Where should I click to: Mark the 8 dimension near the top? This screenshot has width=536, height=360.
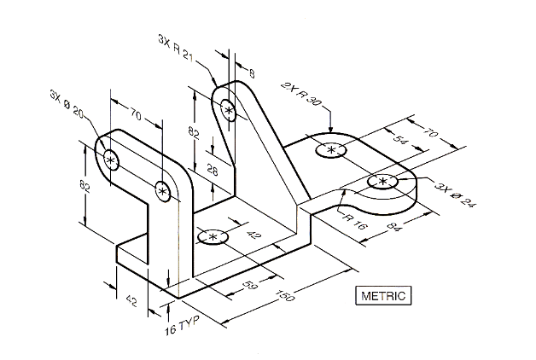[x=250, y=74]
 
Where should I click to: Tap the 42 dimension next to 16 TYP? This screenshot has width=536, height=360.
[x=131, y=299]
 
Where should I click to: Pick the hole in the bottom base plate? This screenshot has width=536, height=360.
[x=212, y=236]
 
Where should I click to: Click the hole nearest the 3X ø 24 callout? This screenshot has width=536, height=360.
[x=382, y=181]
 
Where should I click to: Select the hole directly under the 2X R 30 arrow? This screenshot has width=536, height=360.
[x=329, y=151]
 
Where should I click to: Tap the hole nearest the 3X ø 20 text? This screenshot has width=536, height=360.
[x=110, y=160]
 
